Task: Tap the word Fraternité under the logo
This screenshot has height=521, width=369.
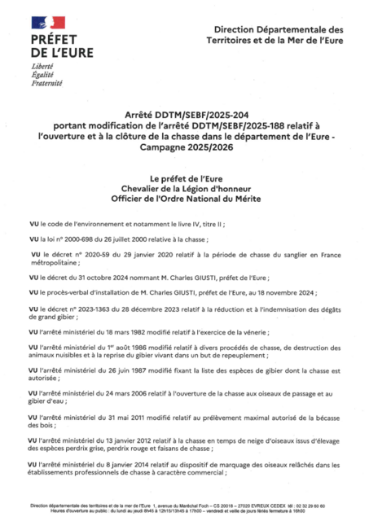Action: pos(46,82)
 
